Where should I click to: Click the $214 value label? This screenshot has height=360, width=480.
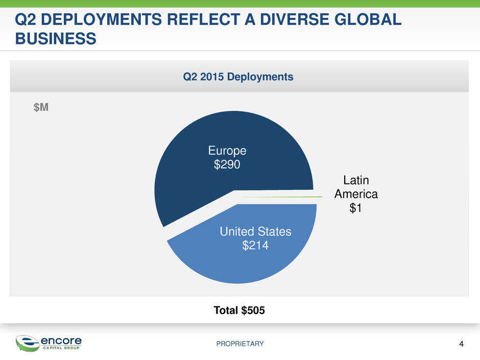[255, 246]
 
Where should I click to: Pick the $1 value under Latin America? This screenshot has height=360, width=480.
[355, 208]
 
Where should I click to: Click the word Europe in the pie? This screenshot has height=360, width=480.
[227, 151]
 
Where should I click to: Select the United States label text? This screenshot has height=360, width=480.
[255, 232]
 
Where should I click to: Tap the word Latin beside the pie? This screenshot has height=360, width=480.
[355, 180]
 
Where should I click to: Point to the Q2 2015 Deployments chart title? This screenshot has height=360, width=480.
[239, 77]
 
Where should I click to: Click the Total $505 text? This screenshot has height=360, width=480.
[239, 311]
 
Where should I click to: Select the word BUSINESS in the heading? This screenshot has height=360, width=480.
[56, 38]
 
